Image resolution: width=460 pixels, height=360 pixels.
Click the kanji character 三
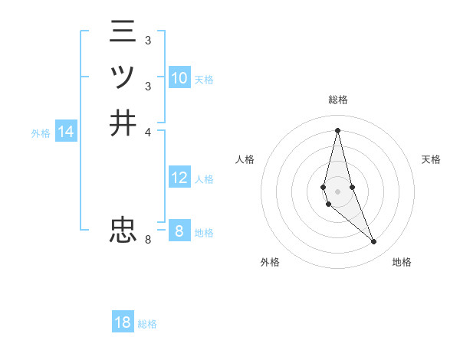click(x=123, y=32)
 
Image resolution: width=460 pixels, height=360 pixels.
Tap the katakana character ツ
click(x=123, y=77)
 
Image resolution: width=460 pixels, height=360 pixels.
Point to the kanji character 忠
click(x=123, y=229)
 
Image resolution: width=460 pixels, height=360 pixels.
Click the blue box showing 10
click(x=179, y=78)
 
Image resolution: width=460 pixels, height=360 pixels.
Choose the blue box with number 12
click(x=179, y=178)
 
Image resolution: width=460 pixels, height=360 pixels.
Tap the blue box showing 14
click(x=66, y=132)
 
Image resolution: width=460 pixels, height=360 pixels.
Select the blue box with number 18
click(x=123, y=322)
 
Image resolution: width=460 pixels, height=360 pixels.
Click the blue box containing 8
click(x=179, y=231)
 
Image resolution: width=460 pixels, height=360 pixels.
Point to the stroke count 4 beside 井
click(x=148, y=131)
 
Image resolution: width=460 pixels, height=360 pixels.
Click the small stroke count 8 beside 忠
click(x=148, y=240)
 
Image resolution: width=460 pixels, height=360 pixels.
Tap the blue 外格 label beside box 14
click(x=41, y=133)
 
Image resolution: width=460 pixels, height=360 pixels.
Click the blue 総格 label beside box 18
click(x=147, y=324)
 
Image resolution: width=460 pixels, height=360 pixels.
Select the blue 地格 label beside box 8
click(x=204, y=233)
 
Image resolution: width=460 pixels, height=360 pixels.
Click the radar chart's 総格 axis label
click(x=337, y=100)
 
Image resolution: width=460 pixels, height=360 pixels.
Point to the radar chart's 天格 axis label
click(x=432, y=159)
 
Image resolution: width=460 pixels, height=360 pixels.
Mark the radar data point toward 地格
click(x=374, y=242)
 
